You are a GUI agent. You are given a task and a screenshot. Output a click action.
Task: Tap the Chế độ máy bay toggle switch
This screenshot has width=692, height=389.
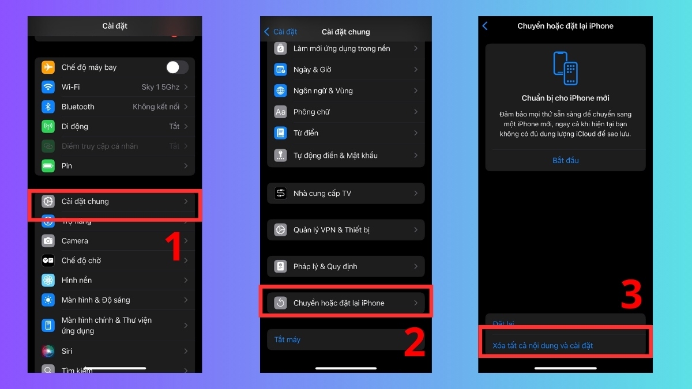click(x=177, y=67)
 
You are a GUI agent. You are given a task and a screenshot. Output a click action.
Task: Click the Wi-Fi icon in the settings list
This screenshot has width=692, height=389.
click(x=48, y=87)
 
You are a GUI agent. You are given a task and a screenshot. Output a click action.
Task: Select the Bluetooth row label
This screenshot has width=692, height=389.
click(x=78, y=107)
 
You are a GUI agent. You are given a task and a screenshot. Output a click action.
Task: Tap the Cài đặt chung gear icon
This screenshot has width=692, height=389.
click(x=48, y=202)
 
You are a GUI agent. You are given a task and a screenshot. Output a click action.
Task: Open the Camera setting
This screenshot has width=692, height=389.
click(x=75, y=241)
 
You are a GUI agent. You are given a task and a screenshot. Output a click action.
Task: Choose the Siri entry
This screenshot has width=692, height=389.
click(x=67, y=351)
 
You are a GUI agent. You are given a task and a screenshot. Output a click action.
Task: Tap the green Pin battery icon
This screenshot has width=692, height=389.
click(x=48, y=166)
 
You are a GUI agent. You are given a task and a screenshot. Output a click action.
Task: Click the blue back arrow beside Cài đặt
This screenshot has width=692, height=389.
click(x=266, y=32)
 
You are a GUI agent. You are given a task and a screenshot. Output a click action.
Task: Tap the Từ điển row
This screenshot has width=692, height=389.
click(x=306, y=133)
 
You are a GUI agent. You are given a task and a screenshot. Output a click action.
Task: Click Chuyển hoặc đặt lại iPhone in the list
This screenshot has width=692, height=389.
click(x=339, y=303)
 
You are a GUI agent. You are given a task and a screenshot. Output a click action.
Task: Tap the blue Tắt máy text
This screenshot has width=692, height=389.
click(x=287, y=340)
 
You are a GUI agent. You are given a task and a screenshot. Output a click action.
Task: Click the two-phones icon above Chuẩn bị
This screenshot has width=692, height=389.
click(x=566, y=68)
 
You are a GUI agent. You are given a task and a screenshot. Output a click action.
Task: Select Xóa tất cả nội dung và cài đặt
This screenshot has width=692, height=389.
click(x=543, y=346)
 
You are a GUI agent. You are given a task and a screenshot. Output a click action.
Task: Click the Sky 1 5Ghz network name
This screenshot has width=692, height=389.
click(x=160, y=87)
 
